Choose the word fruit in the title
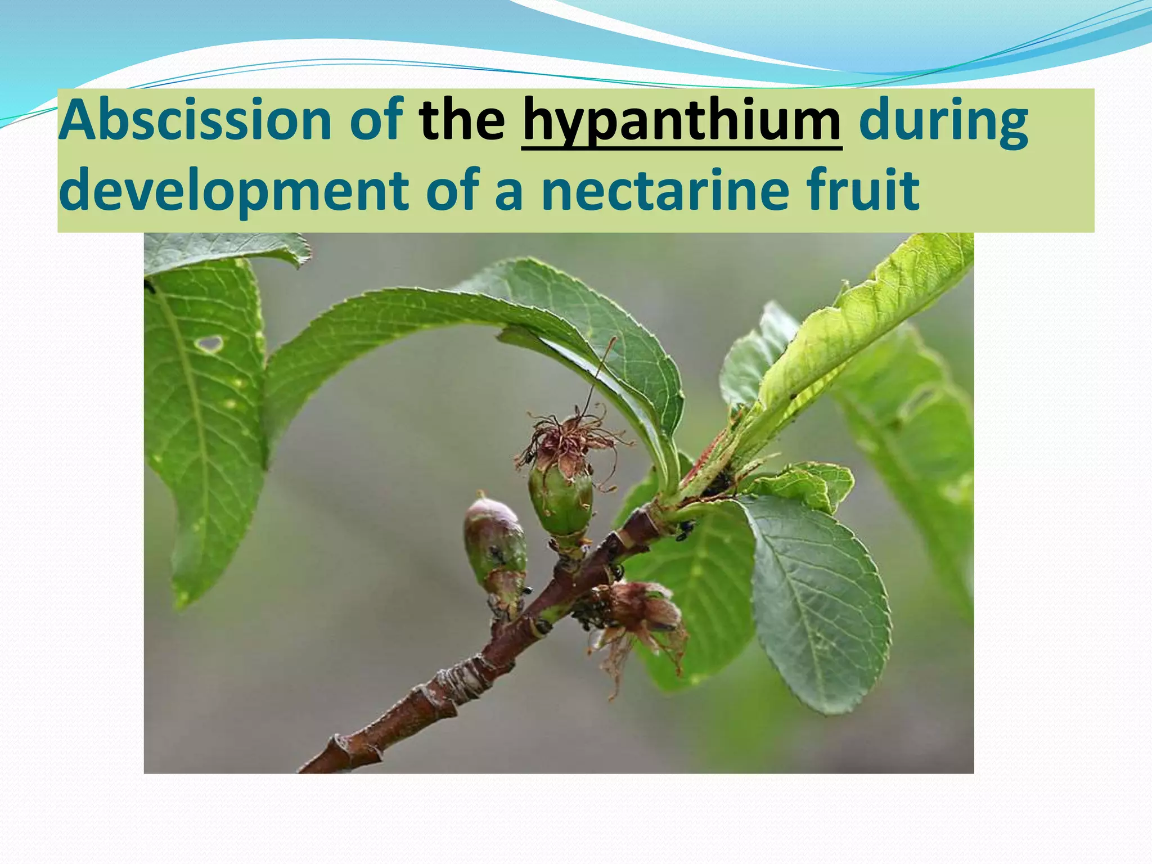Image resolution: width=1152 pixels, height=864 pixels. tap(863, 190)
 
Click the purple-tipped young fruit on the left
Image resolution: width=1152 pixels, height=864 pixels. tap(494, 540)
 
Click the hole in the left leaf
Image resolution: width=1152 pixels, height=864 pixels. tap(210, 343)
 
